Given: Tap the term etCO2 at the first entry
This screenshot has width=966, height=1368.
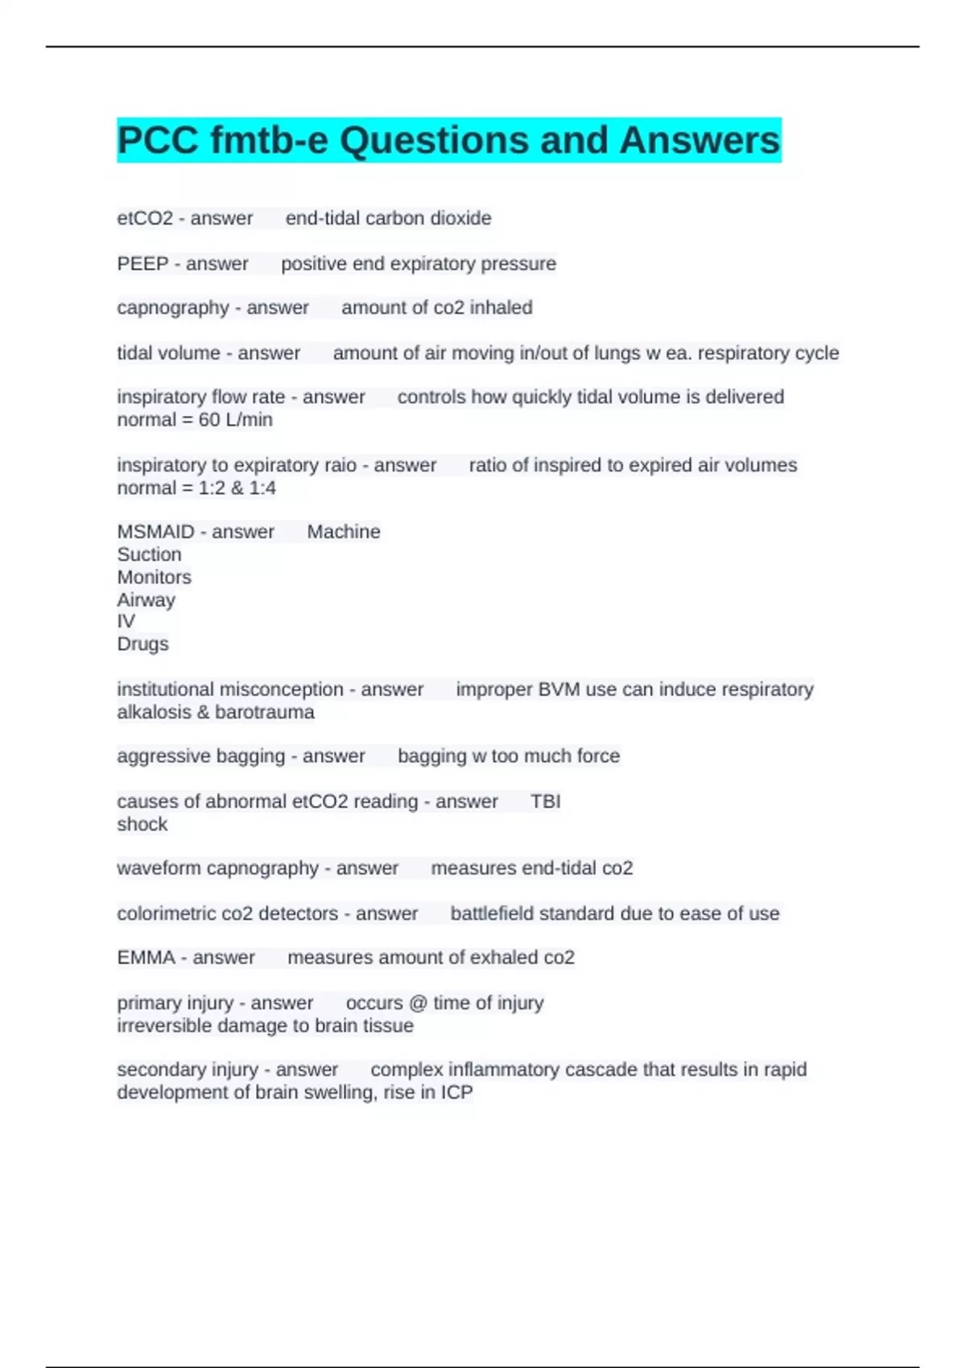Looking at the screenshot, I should click(145, 218).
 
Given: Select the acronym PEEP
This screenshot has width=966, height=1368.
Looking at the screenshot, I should click(142, 264).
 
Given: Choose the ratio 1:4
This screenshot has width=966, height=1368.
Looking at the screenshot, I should click(262, 488).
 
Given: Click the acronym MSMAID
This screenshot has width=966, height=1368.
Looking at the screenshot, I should click(156, 532).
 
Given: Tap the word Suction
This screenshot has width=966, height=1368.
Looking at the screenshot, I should click(149, 554).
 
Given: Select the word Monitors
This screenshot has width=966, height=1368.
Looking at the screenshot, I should click(154, 577).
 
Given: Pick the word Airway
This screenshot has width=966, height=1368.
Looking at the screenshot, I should click(146, 600).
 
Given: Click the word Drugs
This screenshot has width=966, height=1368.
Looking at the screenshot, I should click(142, 645).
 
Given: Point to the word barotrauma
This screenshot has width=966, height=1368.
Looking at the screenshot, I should click(265, 712).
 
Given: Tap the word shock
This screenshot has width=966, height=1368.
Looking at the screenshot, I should click(142, 824).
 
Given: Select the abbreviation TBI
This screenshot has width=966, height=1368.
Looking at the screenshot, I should click(546, 801).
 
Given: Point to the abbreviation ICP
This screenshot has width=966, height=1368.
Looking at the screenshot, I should click(455, 1093).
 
